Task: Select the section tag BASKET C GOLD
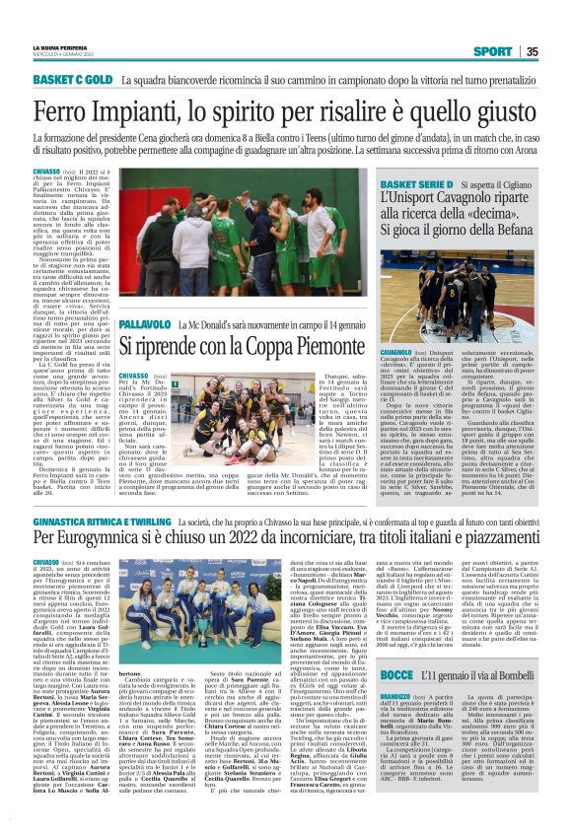(x=71, y=78)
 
